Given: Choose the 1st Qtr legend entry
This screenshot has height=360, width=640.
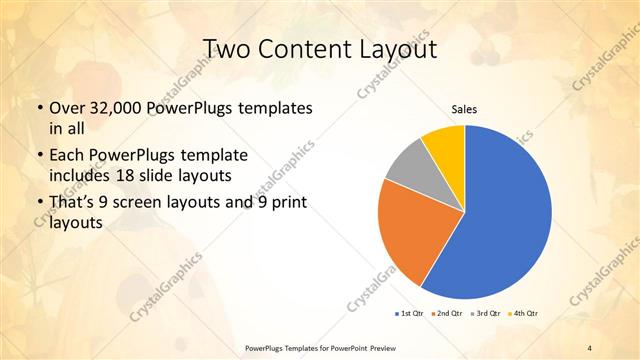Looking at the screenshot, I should pyautogui.click(x=411, y=313).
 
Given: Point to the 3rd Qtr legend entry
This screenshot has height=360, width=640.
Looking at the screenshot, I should pyautogui.click(x=488, y=313).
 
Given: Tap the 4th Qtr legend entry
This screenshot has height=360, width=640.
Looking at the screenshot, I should pyautogui.click(x=526, y=313).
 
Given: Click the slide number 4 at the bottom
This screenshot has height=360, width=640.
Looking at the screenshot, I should pyautogui.click(x=590, y=347).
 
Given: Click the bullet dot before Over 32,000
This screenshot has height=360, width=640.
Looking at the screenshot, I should pyautogui.click(x=39, y=107).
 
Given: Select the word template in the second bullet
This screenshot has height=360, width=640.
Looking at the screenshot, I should pyautogui.click(x=214, y=155).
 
